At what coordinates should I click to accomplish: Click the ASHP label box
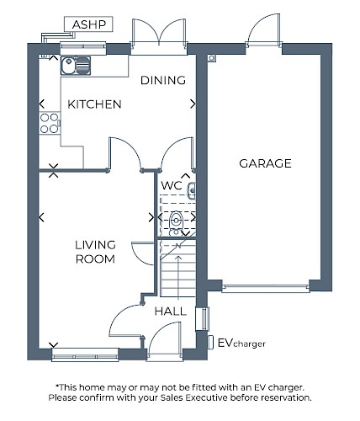[88, 24]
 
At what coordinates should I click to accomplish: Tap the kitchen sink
[76, 66]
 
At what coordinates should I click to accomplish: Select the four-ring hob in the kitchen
[50, 123]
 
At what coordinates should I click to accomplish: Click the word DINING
[163, 81]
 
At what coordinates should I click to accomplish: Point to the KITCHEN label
[94, 104]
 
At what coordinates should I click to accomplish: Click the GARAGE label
[265, 163]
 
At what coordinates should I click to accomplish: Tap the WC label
[172, 185]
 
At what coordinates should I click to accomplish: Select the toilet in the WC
[176, 221]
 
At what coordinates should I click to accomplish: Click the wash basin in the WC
[192, 190]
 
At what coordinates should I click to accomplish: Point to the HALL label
[171, 312]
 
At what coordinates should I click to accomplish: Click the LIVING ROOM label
[95, 252]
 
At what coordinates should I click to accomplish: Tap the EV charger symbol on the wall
[210, 343]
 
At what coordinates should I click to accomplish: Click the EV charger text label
[241, 343]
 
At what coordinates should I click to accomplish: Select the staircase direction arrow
[178, 276]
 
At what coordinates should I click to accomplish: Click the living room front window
[85, 355]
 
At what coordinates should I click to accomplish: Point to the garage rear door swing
[264, 29]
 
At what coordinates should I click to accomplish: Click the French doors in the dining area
[159, 35]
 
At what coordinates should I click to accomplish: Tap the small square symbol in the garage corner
[212, 58]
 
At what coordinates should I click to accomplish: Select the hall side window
[203, 318]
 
